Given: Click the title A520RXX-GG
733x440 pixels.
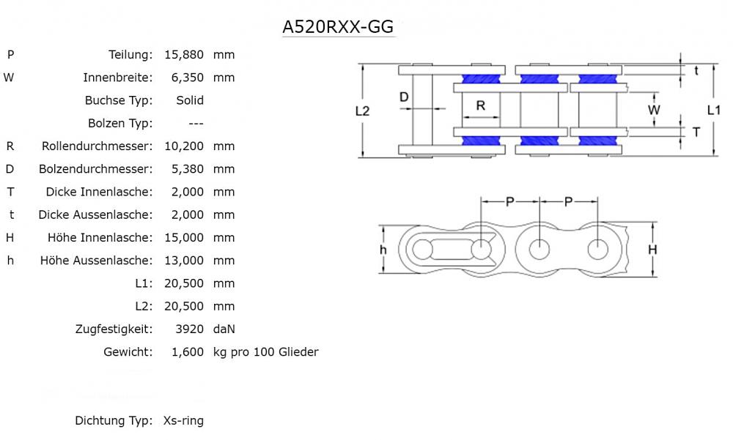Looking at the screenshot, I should click(339, 27).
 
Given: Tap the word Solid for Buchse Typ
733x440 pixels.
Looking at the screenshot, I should click(190, 100).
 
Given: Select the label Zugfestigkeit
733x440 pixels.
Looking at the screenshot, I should click(114, 329).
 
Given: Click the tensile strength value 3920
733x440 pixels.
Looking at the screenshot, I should click(190, 329).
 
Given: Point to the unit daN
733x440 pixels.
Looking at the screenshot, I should click(224, 329).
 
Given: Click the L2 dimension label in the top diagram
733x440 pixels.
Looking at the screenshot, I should click(362, 111).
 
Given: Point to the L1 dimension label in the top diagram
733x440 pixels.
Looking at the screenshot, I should click(713, 110).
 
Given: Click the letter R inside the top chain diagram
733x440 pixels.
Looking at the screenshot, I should click(481, 105).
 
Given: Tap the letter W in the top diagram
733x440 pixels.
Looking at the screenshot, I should click(655, 110).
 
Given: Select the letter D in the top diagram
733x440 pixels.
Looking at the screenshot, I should click(403, 97).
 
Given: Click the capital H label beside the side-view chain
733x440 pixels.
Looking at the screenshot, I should click(652, 250).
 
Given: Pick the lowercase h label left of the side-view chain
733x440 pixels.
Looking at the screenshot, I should click(383, 250).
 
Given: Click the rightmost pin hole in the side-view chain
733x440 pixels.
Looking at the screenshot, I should click(598, 248).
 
